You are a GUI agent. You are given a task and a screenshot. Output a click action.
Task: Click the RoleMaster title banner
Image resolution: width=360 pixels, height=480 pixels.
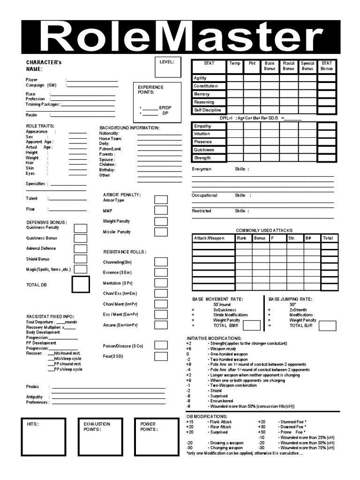coord(180,37)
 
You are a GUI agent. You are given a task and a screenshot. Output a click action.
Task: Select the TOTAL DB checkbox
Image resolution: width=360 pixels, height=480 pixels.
coord(81,285)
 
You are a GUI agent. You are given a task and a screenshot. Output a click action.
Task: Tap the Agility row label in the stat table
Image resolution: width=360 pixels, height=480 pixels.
coord(209,78)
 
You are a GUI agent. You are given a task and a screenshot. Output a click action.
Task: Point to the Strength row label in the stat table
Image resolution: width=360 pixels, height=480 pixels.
coord(209,158)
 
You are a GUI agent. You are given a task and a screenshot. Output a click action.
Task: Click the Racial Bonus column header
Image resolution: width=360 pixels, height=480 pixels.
coord(288,66)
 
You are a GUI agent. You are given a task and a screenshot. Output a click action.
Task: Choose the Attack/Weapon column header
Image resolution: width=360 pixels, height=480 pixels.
coord(213,238)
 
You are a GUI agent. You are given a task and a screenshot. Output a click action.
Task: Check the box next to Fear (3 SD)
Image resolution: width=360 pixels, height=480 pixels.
coord(161,357)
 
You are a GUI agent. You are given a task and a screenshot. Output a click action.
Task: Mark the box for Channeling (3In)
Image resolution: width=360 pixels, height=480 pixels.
coord(161,262)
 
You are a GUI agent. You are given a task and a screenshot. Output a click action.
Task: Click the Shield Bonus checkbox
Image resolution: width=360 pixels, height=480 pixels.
coord(81,259)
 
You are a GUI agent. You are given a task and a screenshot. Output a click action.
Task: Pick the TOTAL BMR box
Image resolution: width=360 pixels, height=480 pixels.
coord(251,325)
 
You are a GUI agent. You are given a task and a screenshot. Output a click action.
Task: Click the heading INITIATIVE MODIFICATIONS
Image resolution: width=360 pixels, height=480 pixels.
coord(214,338)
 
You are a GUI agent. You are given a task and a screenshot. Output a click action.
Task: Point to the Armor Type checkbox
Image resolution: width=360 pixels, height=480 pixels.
coord(161,200)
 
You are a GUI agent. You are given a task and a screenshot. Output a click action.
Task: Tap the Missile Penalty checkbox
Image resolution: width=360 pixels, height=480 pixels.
coord(161,232)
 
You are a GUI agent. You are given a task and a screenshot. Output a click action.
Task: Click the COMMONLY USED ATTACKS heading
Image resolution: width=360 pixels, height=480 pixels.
coord(264,231)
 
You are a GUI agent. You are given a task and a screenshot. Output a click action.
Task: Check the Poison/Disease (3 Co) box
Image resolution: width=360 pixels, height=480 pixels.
coord(161,346)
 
